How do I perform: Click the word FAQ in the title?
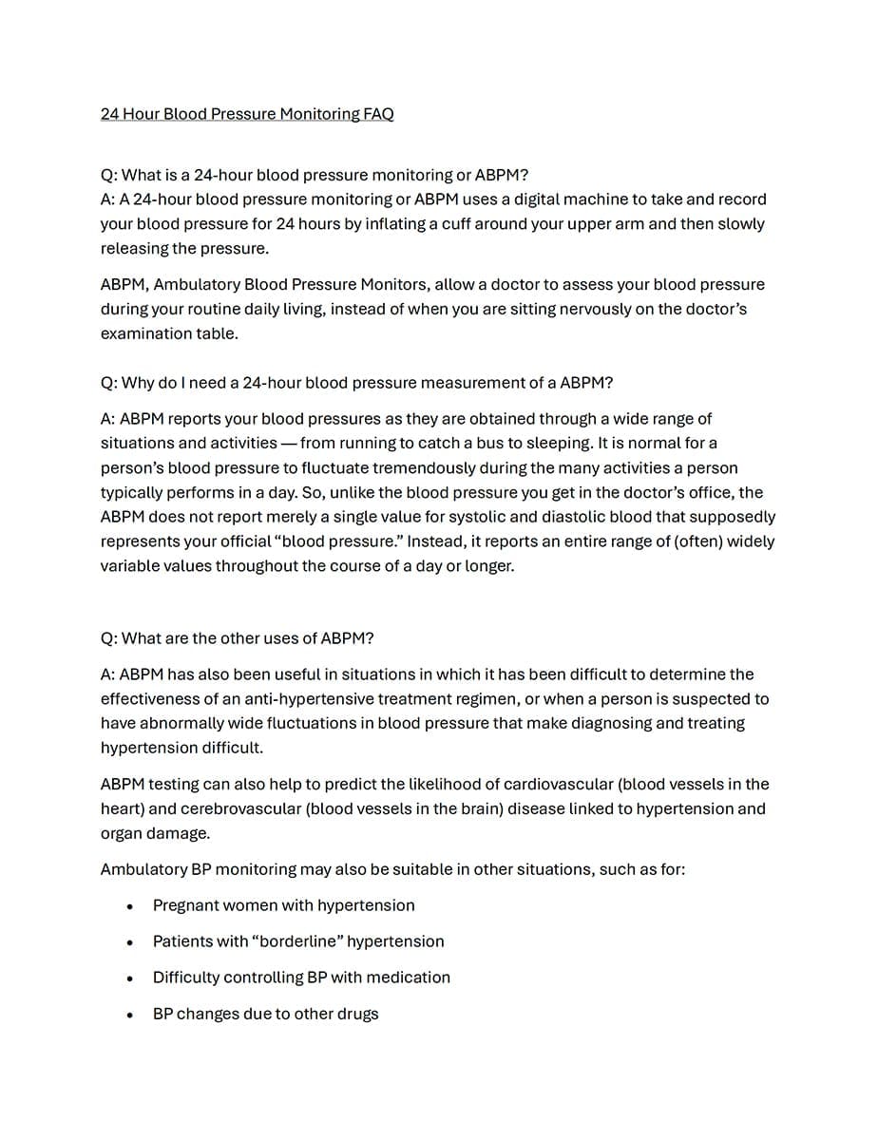tap(378, 114)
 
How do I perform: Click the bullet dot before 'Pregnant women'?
tap(129, 907)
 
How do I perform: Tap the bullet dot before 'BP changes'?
tap(129, 1016)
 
